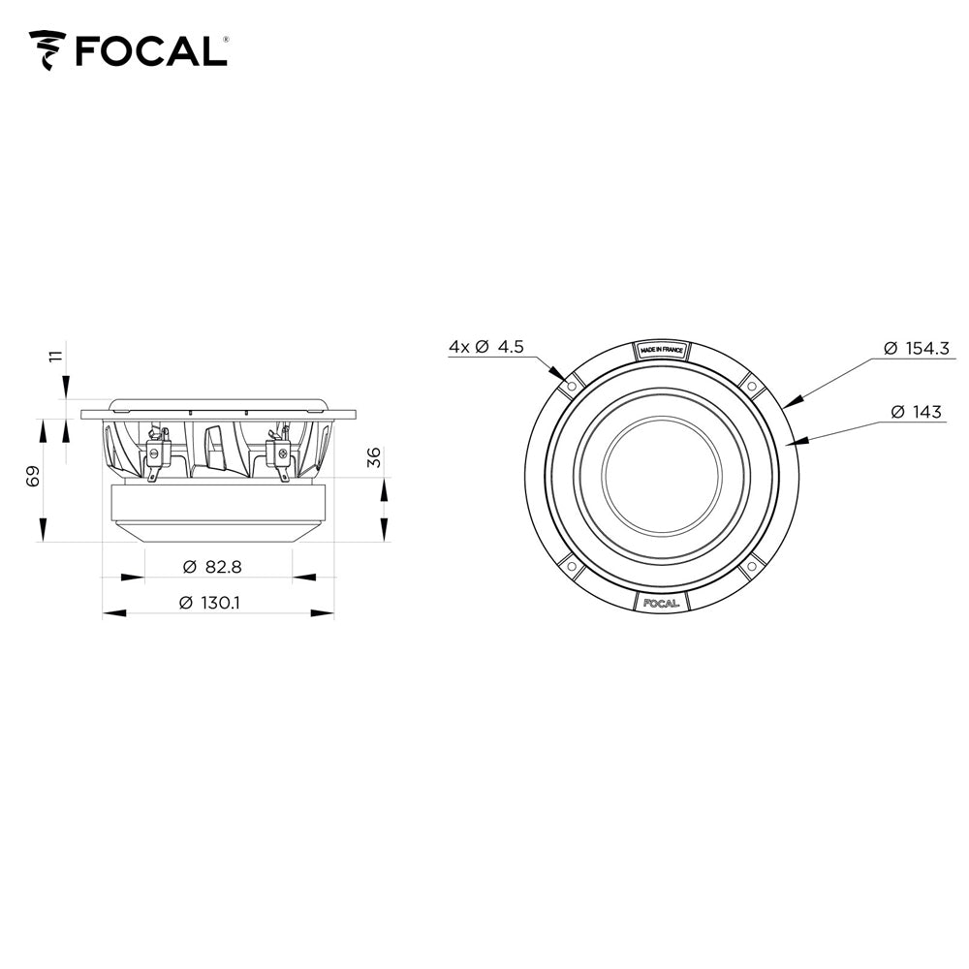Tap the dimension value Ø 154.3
(x=916, y=349)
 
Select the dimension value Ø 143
(x=916, y=413)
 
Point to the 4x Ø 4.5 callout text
(x=485, y=346)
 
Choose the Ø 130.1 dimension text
(x=210, y=602)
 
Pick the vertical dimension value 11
(x=56, y=356)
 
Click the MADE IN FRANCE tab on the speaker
(x=662, y=350)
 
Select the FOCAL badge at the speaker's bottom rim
(x=662, y=603)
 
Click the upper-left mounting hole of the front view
(x=571, y=386)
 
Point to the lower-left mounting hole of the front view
(x=571, y=567)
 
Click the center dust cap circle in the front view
(x=662, y=477)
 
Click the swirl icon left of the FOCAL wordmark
(x=47, y=50)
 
